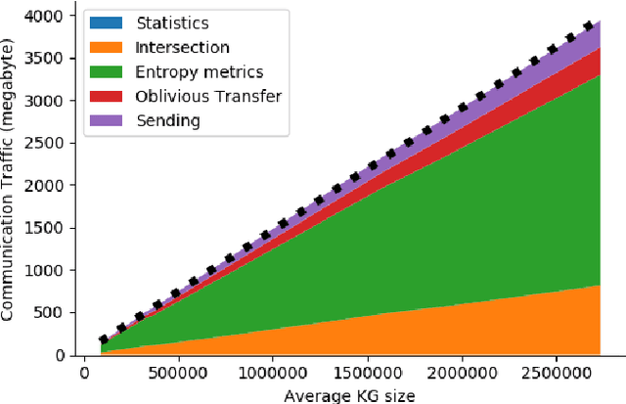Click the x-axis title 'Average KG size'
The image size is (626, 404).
click(x=349, y=394)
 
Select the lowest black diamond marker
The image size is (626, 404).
click(x=103, y=339)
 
